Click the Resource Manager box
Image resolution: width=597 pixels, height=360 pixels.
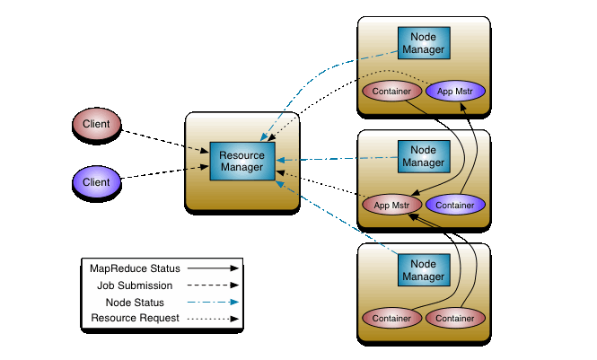tap(241, 161)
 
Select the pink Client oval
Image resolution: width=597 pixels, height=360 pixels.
tap(96, 124)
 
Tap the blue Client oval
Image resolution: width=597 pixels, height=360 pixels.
tap(96, 182)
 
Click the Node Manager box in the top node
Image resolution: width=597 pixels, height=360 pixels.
tap(423, 42)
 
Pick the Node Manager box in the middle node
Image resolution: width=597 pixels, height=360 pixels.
tap(423, 155)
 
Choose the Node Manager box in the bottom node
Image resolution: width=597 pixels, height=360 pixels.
tap(423, 269)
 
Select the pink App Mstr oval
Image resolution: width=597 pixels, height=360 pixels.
tap(391, 205)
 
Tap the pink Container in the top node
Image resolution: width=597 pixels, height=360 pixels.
tap(391, 91)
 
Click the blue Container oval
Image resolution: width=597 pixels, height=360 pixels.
tap(456, 205)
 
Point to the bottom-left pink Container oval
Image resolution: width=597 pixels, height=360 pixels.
tap(391, 318)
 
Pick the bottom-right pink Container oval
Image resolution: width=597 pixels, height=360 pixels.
tap(456, 318)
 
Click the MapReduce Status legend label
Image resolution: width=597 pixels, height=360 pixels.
tap(135, 268)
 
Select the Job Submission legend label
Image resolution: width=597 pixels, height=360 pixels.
tap(135, 285)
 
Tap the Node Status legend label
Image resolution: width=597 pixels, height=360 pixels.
tap(135, 302)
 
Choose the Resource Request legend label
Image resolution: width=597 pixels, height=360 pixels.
tap(135, 318)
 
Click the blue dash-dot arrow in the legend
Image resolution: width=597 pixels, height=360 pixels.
tap(214, 302)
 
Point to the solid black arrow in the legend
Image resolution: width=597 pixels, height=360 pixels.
tap(214, 268)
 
